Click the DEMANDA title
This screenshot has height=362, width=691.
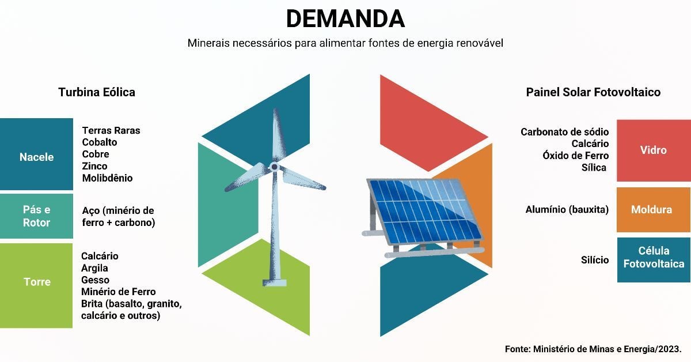pos(345,18)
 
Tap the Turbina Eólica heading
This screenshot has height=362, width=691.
pos(97,92)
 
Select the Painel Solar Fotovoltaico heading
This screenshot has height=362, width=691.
pos(593,92)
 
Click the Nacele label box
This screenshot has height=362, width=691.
pos(36,154)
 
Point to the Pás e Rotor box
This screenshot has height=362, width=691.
pos(36,216)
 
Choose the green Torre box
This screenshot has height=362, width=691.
pos(36,285)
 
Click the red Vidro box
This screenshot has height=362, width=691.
pos(654,150)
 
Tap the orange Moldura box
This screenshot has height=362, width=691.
pos(654,209)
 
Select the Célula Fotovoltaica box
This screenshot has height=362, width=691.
pos(654,260)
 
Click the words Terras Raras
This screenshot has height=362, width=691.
pos(111,130)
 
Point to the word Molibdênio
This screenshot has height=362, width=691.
pos(107,178)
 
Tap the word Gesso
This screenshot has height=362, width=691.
pos(96,280)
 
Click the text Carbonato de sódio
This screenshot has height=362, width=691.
pos(564,132)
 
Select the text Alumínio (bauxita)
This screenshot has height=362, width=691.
pos(567,209)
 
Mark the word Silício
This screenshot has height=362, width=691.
pos(595,260)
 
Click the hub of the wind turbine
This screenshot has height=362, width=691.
pos(274,167)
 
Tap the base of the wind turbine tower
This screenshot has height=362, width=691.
pos(275,282)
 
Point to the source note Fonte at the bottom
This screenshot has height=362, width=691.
pos(593,349)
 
